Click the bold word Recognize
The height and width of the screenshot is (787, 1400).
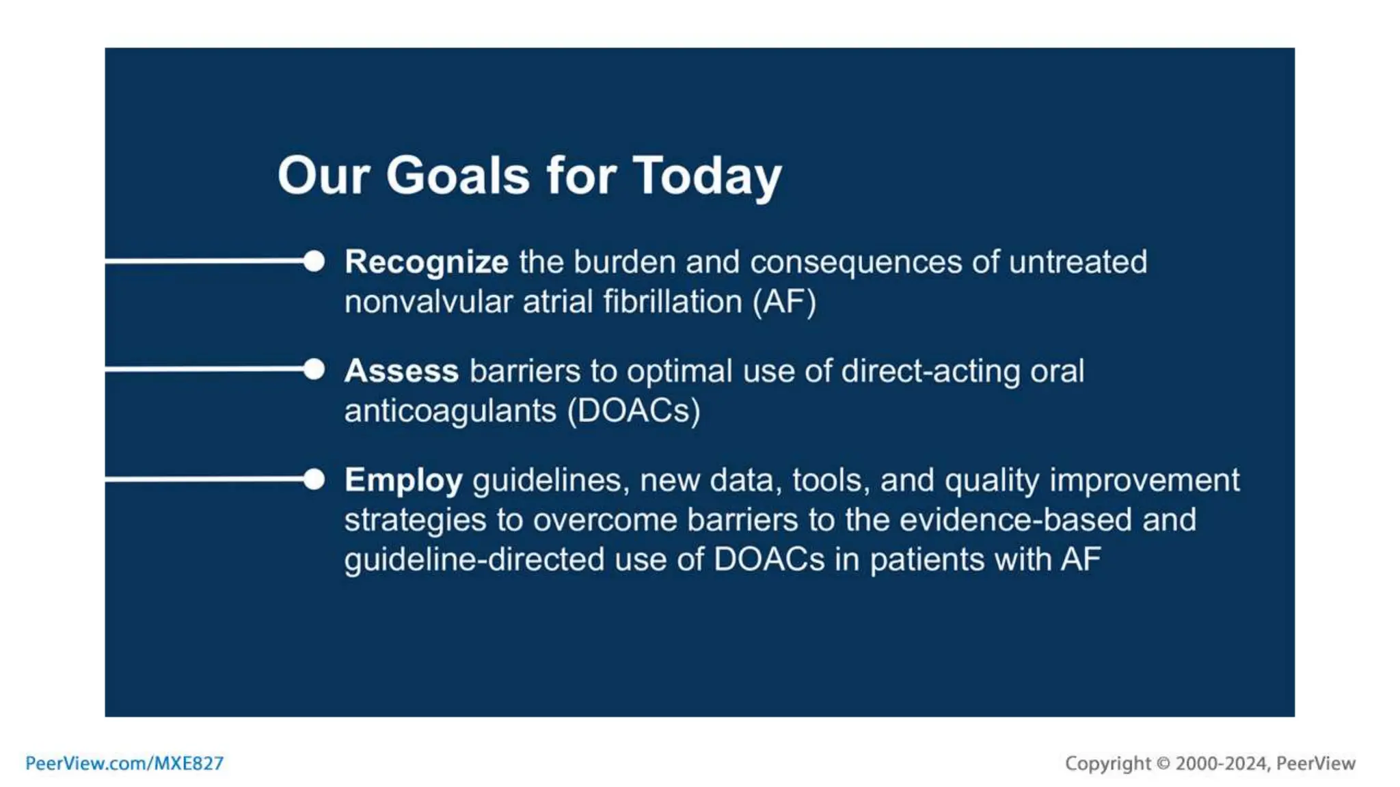click(426, 262)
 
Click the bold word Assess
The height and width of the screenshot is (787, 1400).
click(401, 371)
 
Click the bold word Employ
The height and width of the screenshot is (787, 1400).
click(403, 480)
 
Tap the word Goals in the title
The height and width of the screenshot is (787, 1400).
click(457, 176)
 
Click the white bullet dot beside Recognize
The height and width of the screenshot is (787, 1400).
click(314, 261)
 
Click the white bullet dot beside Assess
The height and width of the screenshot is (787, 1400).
click(314, 370)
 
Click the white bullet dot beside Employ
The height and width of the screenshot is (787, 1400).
click(314, 479)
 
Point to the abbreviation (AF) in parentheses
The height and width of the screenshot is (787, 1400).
click(784, 302)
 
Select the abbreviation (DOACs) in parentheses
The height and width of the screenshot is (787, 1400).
click(634, 411)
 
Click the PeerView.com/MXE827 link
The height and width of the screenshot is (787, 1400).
click(124, 763)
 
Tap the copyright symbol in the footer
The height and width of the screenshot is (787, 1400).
click(1163, 763)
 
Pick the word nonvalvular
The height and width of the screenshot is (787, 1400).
click(428, 302)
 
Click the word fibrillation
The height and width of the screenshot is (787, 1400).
click(673, 302)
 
